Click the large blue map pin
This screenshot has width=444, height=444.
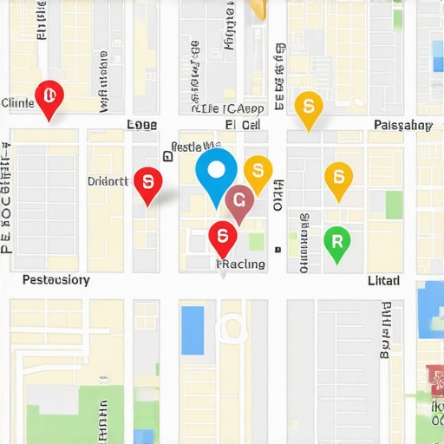click(x=216, y=171)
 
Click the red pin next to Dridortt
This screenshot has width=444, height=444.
click(x=148, y=182)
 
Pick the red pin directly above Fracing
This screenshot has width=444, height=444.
click(x=222, y=236)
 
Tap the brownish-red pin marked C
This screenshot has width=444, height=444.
click(x=239, y=201)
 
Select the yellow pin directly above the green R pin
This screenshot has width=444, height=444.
click(x=338, y=177)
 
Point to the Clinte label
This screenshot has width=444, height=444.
click(x=17, y=102)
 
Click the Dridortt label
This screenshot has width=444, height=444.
click(x=108, y=181)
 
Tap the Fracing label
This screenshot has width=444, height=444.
click(x=241, y=264)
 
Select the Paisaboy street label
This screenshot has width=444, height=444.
click(x=402, y=125)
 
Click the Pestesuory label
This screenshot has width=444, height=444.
click(x=55, y=280)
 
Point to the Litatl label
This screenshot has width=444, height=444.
click(x=384, y=280)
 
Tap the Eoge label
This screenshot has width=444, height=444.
click(x=141, y=125)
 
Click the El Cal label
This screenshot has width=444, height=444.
click(x=243, y=125)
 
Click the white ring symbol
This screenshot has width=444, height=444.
click(x=232, y=328)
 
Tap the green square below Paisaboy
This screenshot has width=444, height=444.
click(x=395, y=205)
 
